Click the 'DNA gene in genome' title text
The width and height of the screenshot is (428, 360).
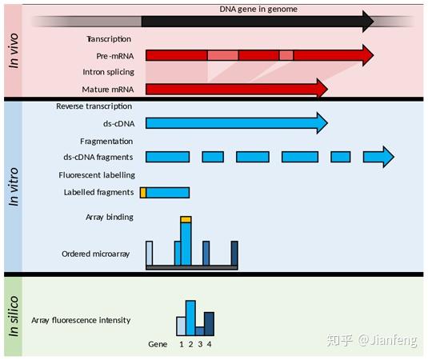pos(258,10)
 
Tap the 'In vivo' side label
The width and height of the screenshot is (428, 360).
pos(14,50)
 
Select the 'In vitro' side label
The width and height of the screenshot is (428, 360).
pos(14,187)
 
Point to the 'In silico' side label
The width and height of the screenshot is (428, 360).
pos(14,317)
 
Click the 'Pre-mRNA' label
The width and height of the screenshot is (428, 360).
pos(115,56)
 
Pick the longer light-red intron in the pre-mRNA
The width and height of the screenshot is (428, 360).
pos(222,55)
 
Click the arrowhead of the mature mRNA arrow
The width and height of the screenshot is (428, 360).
pos(322,89)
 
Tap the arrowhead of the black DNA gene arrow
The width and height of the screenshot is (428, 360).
pos(368,22)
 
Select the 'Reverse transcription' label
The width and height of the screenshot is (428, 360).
pos(94,106)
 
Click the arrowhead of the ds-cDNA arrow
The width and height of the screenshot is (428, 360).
pos(322,123)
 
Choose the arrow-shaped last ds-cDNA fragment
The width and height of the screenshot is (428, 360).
pos(378,157)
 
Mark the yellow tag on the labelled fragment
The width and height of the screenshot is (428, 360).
pos(143,193)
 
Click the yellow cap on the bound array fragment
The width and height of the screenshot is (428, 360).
pos(186,219)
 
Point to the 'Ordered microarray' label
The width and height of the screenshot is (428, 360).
pos(95,254)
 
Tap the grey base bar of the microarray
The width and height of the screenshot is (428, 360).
pos(192,268)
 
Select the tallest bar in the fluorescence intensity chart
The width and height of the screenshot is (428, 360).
pos(190,318)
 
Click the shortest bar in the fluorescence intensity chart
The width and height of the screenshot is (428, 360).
pos(200,331)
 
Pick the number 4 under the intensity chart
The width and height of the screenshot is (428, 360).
pos(209,345)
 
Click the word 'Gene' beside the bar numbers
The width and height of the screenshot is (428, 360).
pos(158,345)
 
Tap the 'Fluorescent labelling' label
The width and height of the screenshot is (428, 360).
pos(97,175)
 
